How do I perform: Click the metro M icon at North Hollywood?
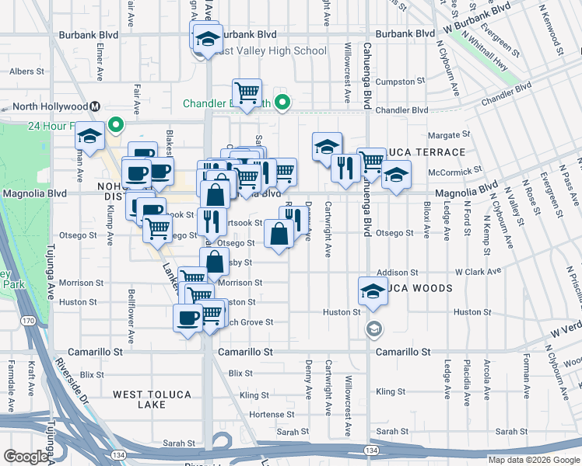(94, 106)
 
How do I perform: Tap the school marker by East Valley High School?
(207, 40)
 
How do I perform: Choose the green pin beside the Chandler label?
(284, 102)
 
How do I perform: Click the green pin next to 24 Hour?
(116, 124)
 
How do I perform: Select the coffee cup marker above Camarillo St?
(188, 318)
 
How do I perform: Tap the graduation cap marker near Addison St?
(373, 290)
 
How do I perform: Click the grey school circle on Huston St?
(374, 329)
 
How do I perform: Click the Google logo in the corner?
(26, 457)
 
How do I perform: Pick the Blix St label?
(92, 374)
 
